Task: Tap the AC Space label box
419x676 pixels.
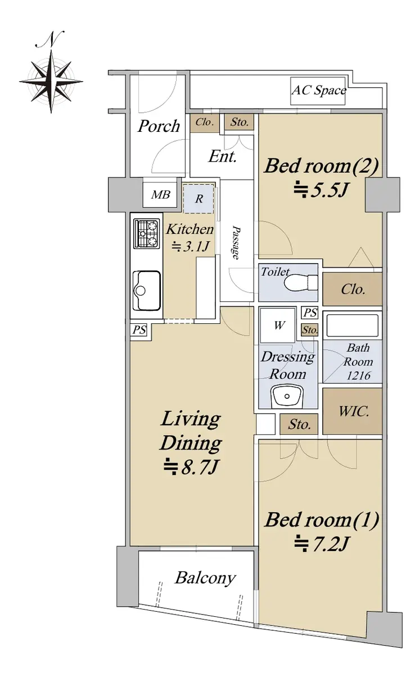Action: [x=318, y=91]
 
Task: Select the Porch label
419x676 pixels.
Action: [x=159, y=126]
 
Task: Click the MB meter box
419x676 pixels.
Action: [x=160, y=195]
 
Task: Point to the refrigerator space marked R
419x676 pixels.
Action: [x=199, y=198]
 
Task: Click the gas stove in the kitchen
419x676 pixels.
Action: [x=147, y=234]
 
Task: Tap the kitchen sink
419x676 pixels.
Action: [x=147, y=290]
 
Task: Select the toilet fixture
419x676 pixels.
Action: [x=301, y=282]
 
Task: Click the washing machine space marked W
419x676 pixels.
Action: [x=278, y=325]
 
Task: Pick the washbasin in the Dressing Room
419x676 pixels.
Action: [x=287, y=396]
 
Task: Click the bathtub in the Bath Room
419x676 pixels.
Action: [x=353, y=326]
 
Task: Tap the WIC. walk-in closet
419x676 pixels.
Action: [x=353, y=411]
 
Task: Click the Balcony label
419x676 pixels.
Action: [x=205, y=578]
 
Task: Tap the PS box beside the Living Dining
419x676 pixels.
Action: [x=139, y=330]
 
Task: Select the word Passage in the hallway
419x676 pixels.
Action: [x=236, y=242]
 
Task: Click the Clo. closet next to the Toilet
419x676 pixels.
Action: [x=353, y=289]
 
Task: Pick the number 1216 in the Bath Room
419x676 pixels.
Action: [x=358, y=376]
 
